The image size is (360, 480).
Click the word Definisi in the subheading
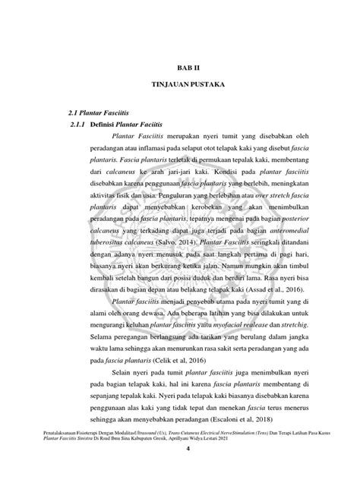tap(105, 123)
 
